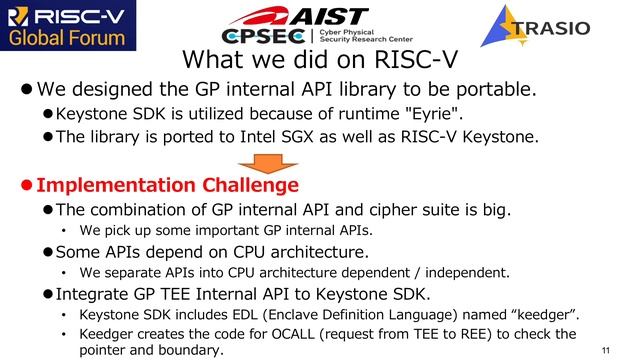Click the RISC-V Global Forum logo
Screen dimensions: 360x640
65,27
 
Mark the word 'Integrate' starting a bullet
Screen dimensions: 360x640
94,294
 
